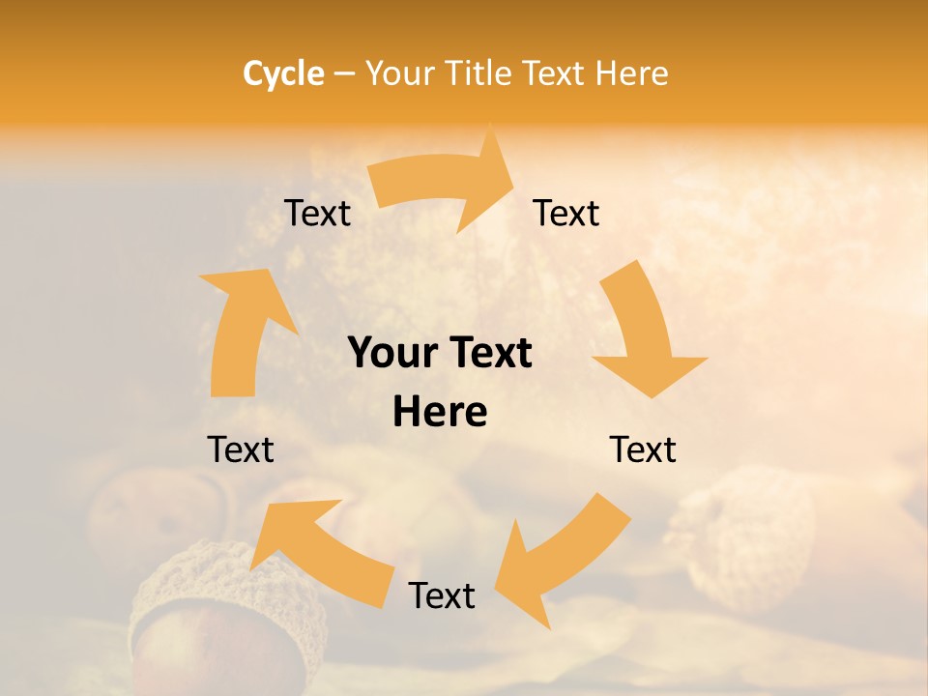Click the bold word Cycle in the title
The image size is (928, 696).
(283, 73)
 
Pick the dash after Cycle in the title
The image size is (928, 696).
(343, 73)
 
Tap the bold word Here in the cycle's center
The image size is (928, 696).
(440, 412)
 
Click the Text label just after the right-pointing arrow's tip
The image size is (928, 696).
(566, 213)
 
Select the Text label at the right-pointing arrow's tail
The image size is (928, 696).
(317, 213)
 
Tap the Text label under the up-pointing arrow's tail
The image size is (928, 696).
(241, 449)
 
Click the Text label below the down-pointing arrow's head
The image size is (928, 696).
(643, 449)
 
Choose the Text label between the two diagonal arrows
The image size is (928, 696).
(442, 595)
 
